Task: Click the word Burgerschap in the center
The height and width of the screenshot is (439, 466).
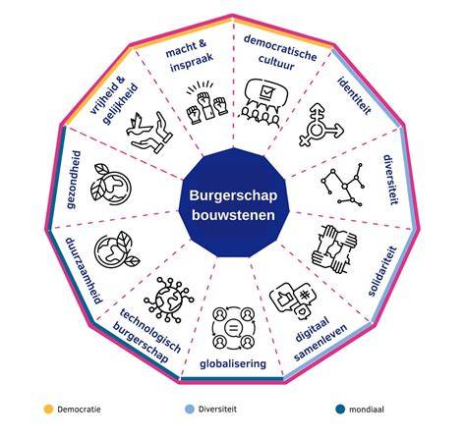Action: [233, 195]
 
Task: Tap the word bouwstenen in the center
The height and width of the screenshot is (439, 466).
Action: [233, 215]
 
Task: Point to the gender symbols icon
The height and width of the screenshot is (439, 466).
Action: [321, 125]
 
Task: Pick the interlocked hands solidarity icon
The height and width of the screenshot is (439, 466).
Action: [334, 248]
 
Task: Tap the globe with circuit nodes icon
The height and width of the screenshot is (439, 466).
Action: [169, 300]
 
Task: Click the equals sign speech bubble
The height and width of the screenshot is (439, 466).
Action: [233, 328]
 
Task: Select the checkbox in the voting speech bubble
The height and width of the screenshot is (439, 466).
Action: [265, 91]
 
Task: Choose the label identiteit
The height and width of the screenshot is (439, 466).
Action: [355, 95]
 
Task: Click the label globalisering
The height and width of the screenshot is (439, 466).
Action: [233, 363]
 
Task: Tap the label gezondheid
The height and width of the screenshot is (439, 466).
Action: [73, 180]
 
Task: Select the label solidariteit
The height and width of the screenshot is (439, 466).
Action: [382, 271]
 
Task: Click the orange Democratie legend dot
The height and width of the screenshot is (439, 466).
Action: [48, 410]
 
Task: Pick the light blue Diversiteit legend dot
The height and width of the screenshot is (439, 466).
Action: [189, 410]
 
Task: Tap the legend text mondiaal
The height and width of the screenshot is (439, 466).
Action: [367, 410]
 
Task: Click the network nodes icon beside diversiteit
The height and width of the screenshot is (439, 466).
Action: [343, 185]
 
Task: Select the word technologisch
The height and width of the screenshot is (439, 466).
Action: [150, 330]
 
